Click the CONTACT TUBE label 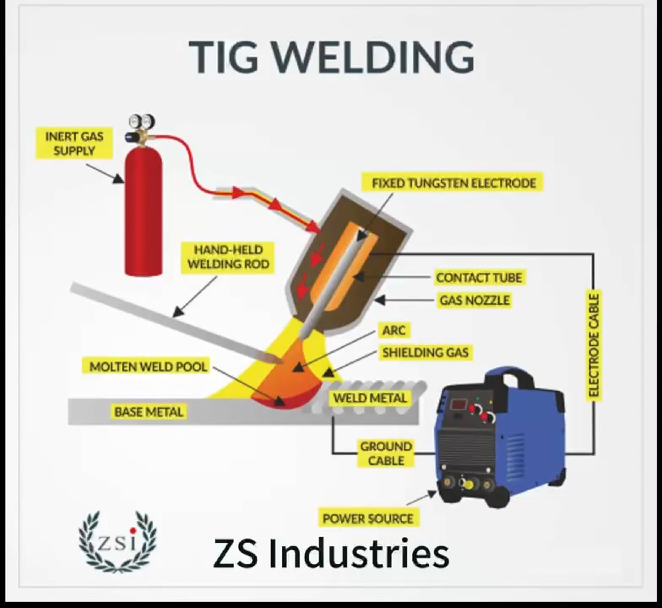tap(479, 278)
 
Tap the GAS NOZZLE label tap(474, 300)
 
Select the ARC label tap(394, 330)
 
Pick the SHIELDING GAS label tap(425, 352)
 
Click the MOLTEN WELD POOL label tap(148, 367)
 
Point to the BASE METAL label tap(148, 412)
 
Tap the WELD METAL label tap(370, 398)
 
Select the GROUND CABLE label tap(386, 454)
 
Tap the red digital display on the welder tap(458, 404)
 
